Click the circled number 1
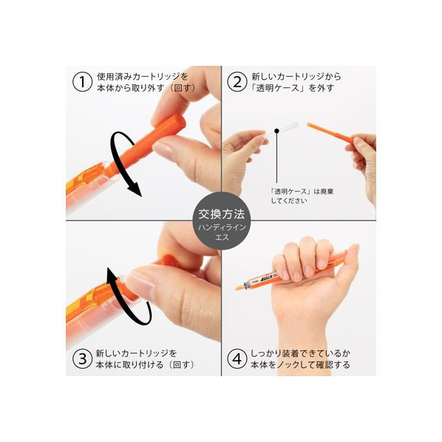pyautogui.click(x=82, y=82)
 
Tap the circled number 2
pyautogui.click(x=237, y=82)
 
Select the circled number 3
pyautogui.click(x=82, y=358)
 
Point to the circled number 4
pyautogui.click(x=237, y=358)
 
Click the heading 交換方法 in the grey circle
pyautogui.click(x=222, y=214)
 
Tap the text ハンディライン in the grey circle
pyautogui.click(x=222, y=228)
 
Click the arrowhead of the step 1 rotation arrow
pyautogui.click(x=135, y=189)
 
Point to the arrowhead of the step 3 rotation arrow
pyautogui.click(x=112, y=274)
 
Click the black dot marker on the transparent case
pyautogui.click(x=277, y=131)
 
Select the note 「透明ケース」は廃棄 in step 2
pyautogui.click(x=302, y=191)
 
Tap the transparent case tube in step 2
pyautogui.click(x=279, y=130)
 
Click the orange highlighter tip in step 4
pyautogui.click(x=239, y=288)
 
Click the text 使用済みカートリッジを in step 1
pyautogui.click(x=143, y=76)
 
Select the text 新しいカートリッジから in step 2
pyautogui.click(x=296, y=76)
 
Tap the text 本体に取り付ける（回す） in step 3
pyautogui.click(x=145, y=365)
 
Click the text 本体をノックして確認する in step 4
pyautogui.click(x=300, y=365)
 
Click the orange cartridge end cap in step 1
pyautogui.click(x=174, y=120)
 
